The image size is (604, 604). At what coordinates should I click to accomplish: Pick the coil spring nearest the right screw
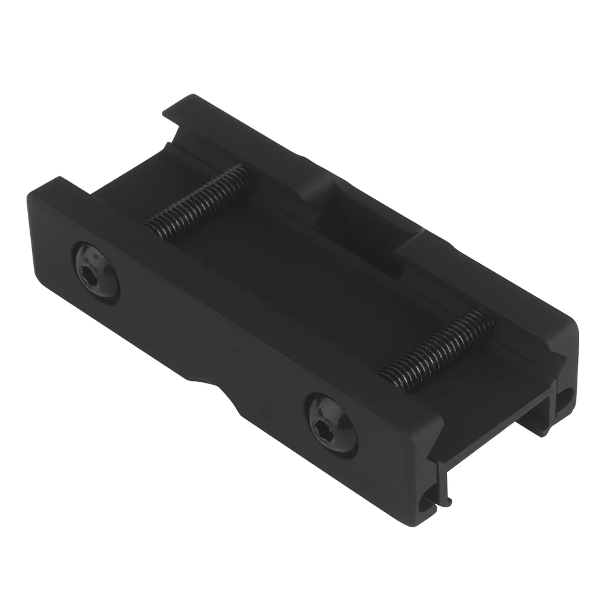(x=435, y=350)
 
